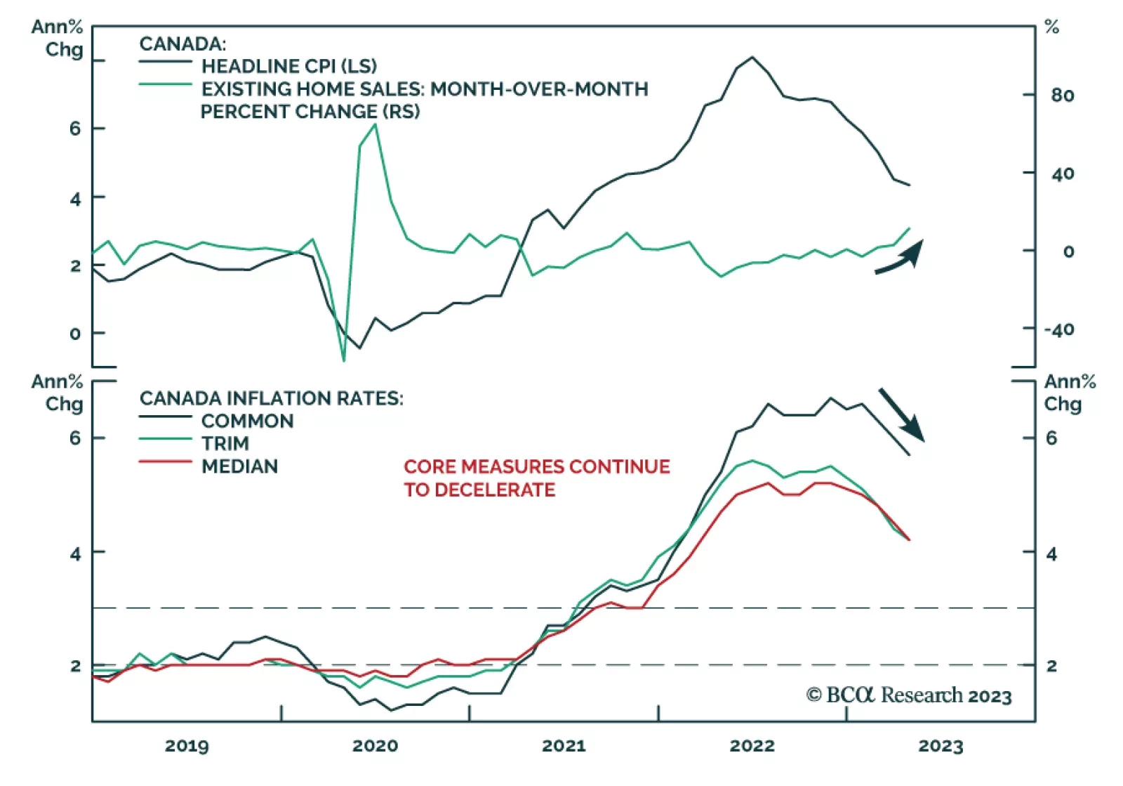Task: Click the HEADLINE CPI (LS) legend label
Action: click(x=288, y=66)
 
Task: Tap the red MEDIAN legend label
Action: click(x=239, y=466)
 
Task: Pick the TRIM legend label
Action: click(x=225, y=444)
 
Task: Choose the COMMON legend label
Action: click(x=247, y=421)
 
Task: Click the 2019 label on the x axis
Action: click(x=187, y=746)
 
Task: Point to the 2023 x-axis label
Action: click(x=941, y=746)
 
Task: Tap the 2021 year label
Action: click(x=564, y=746)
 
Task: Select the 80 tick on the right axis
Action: click(x=1063, y=96)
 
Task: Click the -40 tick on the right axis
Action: click(x=1058, y=329)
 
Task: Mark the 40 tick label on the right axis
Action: click(x=1063, y=173)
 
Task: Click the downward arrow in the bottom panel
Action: click(x=902, y=416)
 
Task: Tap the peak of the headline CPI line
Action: click(x=752, y=57)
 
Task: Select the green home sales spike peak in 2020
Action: click(x=376, y=124)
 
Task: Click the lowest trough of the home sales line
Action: click(x=344, y=361)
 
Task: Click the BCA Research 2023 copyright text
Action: click(x=909, y=695)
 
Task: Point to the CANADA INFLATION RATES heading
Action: click(x=271, y=398)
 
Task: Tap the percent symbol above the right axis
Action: click(x=1051, y=28)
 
